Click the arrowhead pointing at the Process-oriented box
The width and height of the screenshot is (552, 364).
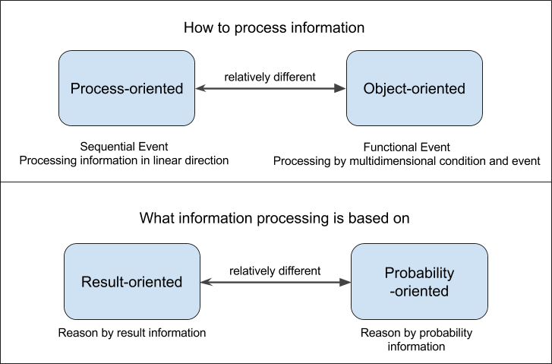pyautogui.click(x=200, y=89)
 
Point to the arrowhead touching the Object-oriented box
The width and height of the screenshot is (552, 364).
pyautogui.click(x=341, y=89)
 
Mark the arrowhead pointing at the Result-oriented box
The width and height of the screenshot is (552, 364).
pyautogui.click(x=206, y=283)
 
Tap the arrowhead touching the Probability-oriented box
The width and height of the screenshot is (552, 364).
pyautogui.click(x=345, y=283)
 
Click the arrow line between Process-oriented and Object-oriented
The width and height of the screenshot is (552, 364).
pyautogui.click(x=270, y=89)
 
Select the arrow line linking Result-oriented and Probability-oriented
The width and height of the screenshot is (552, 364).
pyautogui.click(x=276, y=283)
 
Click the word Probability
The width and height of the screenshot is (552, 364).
pyautogui.click(x=419, y=274)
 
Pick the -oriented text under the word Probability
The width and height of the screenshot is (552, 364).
pyautogui.click(x=418, y=291)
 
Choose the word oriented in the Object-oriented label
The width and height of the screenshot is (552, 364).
pyautogui.click(x=438, y=89)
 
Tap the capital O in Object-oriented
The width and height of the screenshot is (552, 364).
pyautogui.click(x=369, y=89)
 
